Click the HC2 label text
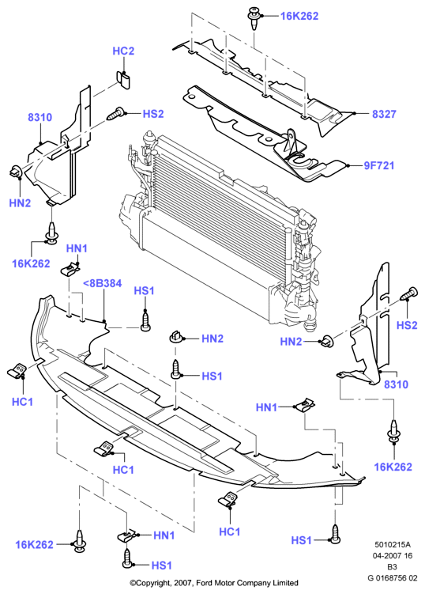click(123, 51)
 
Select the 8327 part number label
click(384, 114)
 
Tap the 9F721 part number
click(379, 165)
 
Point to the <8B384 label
click(102, 283)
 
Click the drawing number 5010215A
click(393, 545)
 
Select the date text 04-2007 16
click(393, 556)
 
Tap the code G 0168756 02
click(393, 578)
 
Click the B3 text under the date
click(392, 567)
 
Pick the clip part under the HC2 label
click(123, 80)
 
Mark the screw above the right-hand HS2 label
click(408, 294)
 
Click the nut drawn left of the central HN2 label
click(175, 336)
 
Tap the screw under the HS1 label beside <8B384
click(145, 321)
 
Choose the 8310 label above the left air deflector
click(39, 117)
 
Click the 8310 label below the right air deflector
click(397, 384)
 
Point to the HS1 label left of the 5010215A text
click(301, 540)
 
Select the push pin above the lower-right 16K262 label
click(394, 433)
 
